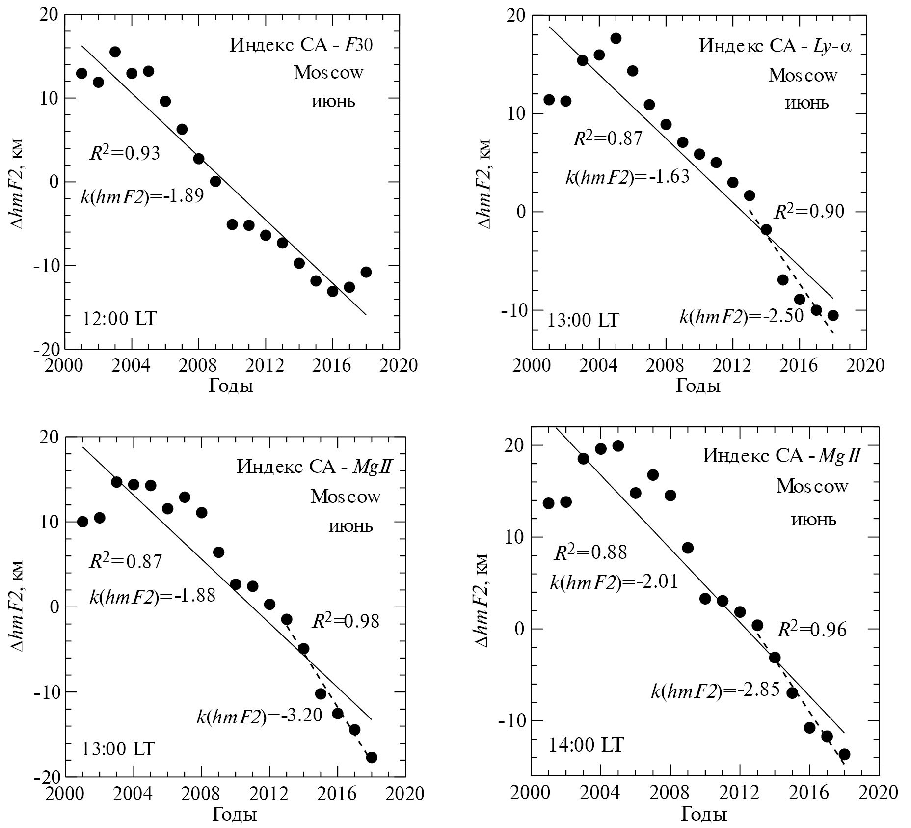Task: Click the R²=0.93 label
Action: tap(125, 153)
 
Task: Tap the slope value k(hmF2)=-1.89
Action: tap(142, 196)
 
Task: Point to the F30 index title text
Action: tap(301, 46)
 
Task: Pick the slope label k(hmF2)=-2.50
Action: tap(741, 316)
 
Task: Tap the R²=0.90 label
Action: tap(809, 212)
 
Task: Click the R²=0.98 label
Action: tap(346, 621)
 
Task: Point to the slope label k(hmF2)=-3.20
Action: tap(259, 716)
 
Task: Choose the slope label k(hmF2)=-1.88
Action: tap(152, 596)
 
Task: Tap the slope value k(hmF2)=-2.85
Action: tap(715, 691)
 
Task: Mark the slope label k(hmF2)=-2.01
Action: tap(614, 582)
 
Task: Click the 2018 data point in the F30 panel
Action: tap(366, 272)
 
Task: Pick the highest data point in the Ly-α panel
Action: tap(616, 38)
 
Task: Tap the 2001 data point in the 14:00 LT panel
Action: tap(549, 503)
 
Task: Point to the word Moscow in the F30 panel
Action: tap(328, 73)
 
